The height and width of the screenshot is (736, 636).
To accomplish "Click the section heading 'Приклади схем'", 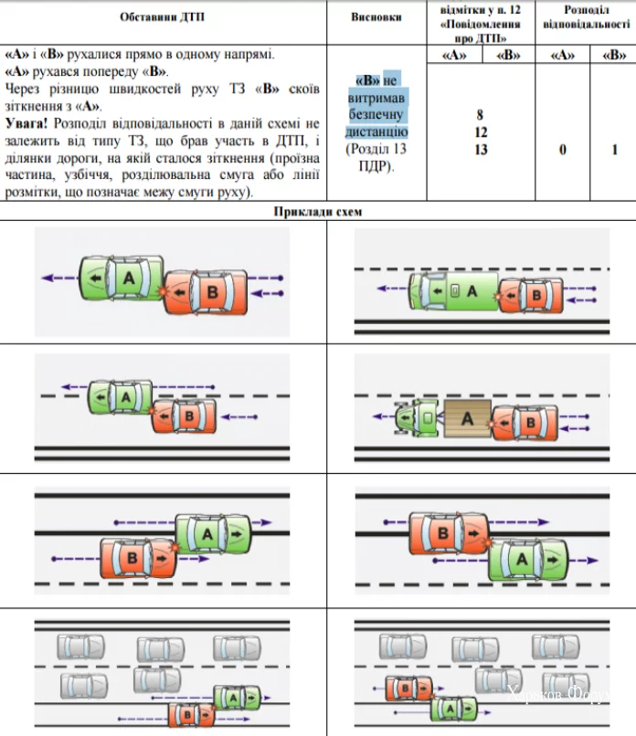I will (x=318, y=212).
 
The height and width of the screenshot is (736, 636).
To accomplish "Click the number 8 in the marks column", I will (x=480, y=115).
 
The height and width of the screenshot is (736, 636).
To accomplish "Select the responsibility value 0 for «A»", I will (x=561, y=149).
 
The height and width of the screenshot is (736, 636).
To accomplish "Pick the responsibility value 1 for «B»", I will (x=614, y=149).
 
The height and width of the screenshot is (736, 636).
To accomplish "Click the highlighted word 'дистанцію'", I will (x=376, y=132).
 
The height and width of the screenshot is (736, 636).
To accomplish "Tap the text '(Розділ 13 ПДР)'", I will (x=376, y=157).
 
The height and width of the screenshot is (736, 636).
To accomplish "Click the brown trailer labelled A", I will (x=468, y=419).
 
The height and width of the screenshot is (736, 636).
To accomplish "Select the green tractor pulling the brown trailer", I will (x=417, y=419).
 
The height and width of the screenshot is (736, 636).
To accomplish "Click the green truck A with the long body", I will (x=454, y=291).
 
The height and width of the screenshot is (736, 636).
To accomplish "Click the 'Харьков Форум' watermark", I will (x=567, y=695).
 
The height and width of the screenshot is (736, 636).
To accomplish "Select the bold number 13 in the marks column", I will (x=480, y=149).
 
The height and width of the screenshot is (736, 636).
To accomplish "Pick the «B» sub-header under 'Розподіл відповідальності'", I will (x=614, y=56).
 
